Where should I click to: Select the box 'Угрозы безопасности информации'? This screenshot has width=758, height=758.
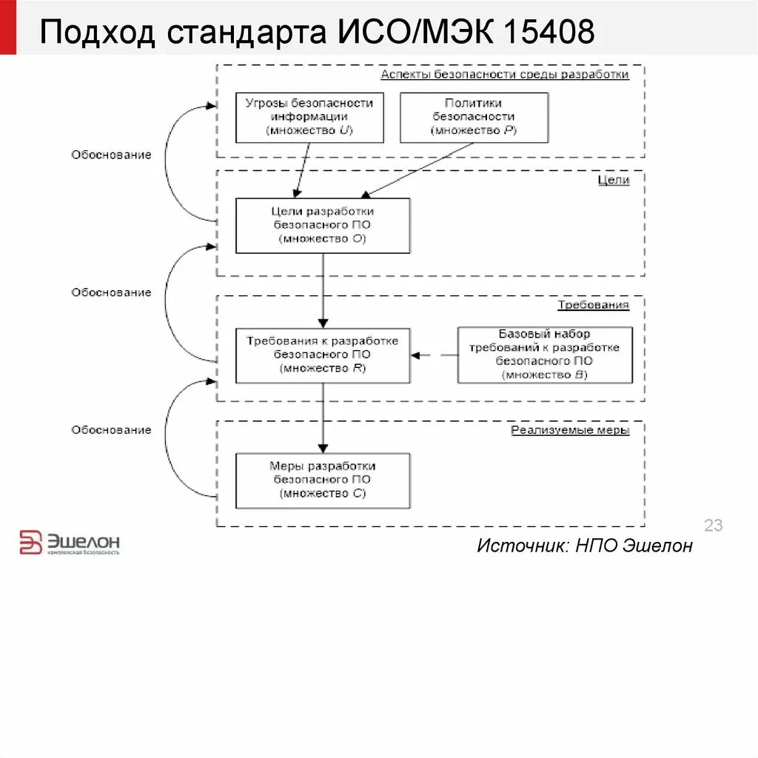click(309, 117)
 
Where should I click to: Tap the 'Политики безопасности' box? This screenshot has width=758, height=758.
click(474, 117)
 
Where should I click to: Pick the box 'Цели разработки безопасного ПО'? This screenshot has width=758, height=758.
click(323, 225)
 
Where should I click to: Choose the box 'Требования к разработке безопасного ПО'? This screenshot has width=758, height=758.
click(323, 355)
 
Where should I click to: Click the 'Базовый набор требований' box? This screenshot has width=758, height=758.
click(545, 355)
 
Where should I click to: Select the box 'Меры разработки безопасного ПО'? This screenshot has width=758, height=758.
click(323, 480)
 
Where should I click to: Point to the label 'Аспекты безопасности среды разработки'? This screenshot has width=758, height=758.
click(505, 75)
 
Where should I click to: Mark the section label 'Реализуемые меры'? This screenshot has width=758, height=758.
click(570, 430)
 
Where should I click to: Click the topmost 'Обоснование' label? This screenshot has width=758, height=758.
click(111, 155)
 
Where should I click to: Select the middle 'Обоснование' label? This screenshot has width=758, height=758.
click(111, 292)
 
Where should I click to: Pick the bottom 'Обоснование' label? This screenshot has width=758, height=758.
click(111, 430)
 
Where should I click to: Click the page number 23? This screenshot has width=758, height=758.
click(713, 526)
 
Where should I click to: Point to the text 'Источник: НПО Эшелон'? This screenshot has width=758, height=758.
click(585, 546)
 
